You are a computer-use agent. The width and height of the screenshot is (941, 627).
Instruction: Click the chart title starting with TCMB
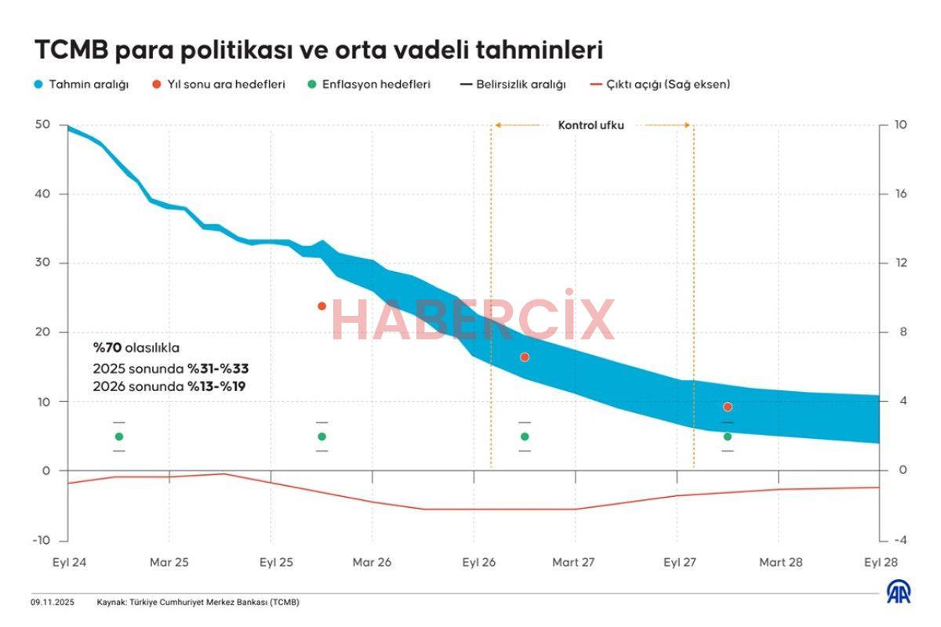(318, 51)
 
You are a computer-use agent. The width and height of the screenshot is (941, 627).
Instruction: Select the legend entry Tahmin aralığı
(82, 85)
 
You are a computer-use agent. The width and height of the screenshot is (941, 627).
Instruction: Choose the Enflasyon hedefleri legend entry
(369, 85)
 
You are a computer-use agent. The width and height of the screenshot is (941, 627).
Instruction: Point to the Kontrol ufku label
(591, 125)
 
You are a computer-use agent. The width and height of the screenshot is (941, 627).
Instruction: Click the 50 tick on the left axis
(42, 125)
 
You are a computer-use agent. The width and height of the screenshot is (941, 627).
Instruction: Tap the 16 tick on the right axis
(891, 194)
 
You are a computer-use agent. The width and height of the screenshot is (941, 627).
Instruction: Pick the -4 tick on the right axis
(890, 541)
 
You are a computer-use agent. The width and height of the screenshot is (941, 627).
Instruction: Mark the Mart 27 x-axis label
(574, 562)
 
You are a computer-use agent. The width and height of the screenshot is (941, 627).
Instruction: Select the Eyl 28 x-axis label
(880, 562)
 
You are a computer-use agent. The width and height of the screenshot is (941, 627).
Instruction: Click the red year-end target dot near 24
(322, 306)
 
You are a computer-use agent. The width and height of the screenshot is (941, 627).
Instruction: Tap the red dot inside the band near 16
(525, 357)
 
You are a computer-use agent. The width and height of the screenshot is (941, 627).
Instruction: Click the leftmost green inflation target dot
(119, 437)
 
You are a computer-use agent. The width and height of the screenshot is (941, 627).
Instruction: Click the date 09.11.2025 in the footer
(53, 602)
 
